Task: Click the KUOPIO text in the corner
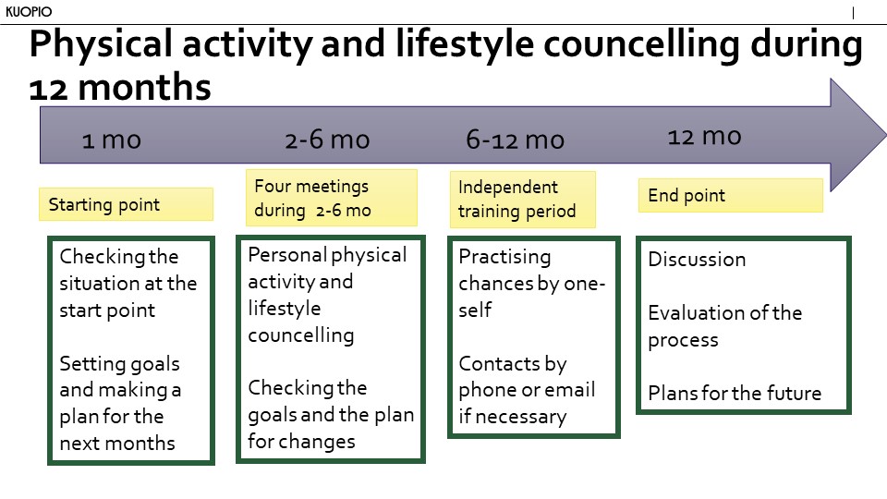[x=29, y=11]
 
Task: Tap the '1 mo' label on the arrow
[x=112, y=140]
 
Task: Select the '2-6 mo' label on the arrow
[x=327, y=140]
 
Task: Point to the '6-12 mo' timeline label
[x=515, y=140]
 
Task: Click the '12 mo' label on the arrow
[x=704, y=137]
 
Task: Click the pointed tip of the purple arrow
[x=885, y=135]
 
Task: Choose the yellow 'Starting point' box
[x=127, y=204]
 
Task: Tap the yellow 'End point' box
[x=730, y=195]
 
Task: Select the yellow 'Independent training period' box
[x=523, y=200]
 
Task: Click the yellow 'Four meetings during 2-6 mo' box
[x=332, y=198]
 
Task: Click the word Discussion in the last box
[x=697, y=259]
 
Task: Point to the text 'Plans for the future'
[x=735, y=393]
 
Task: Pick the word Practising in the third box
[x=504, y=257]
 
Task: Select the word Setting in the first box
[x=90, y=364]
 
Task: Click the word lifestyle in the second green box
[x=284, y=309]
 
